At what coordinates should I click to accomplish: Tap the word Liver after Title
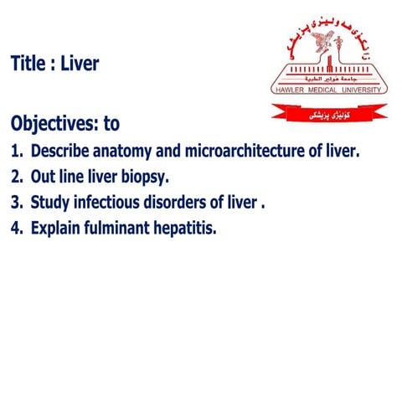(x=80, y=64)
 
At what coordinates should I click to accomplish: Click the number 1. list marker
(x=16, y=152)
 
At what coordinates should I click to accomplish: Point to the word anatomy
(x=126, y=152)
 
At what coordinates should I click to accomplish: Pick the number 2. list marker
(x=16, y=177)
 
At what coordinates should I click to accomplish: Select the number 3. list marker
(x=16, y=202)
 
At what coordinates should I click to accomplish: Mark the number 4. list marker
(x=16, y=227)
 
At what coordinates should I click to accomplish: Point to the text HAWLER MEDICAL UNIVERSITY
(x=329, y=88)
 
